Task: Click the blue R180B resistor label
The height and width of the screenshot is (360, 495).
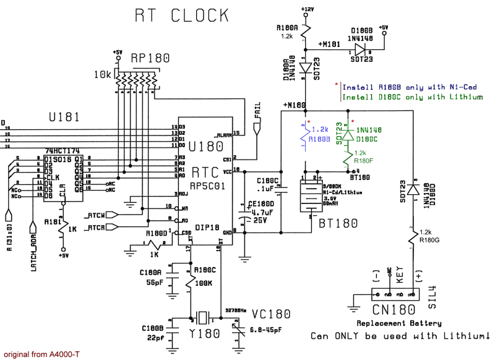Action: click(x=319, y=139)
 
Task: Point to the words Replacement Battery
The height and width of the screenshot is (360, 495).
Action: click(x=398, y=323)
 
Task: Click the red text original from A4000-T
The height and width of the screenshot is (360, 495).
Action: click(x=40, y=355)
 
